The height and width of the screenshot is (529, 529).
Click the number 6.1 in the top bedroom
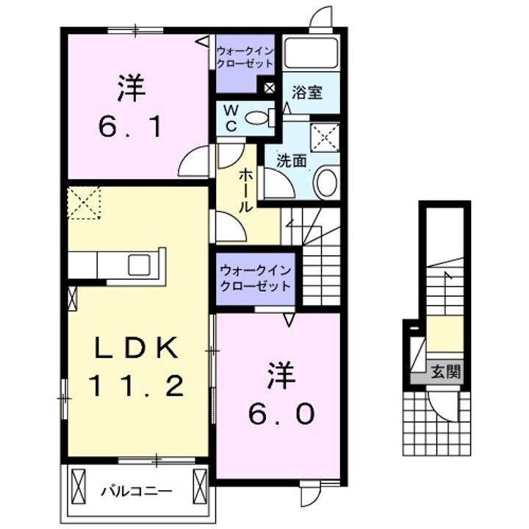[130, 128]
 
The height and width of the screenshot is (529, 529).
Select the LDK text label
[135, 349]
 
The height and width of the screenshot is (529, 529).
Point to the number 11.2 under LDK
[135, 385]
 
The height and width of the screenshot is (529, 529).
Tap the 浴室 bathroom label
[306, 93]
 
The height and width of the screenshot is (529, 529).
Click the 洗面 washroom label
[291, 161]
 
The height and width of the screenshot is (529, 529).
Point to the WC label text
[230, 118]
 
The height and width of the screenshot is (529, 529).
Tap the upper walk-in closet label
[244, 57]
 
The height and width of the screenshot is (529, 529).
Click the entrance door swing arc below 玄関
[443, 408]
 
